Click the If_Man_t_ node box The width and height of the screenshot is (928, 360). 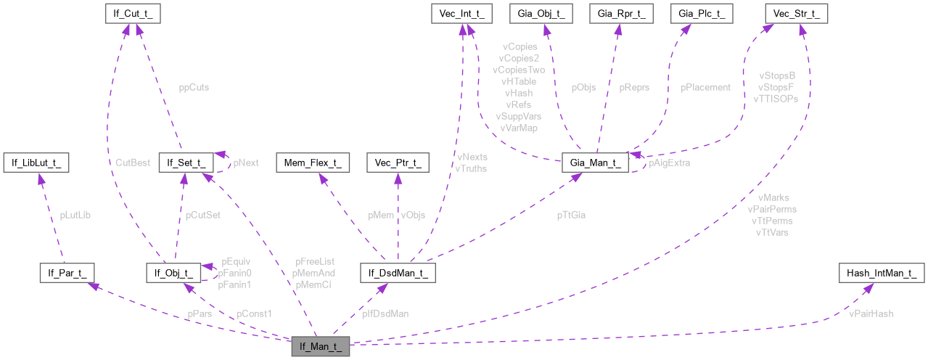pyautogui.click(x=321, y=347)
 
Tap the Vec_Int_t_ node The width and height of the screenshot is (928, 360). pyautogui.click(x=461, y=13)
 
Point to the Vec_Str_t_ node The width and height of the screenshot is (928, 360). pyautogui.click(x=797, y=13)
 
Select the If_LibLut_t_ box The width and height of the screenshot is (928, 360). pyautogui.click(x=36, y=163)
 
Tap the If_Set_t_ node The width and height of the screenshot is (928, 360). pyautogui.click(x=186, y=163)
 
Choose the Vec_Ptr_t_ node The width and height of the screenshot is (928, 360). pyautogui.click(x=398, y=163)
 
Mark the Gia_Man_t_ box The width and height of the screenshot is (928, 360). pyautogui.click(x=595, y=163)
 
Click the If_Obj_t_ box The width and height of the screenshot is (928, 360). pyautogui.click(x=173, y=273)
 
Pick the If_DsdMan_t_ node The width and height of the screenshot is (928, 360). pyautogui.click(x=398, y=273)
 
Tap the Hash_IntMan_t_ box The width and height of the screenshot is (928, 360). pyautogui.click(x=882, y=273)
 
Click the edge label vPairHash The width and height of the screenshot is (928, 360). pyautogui.click(x=871, y=314)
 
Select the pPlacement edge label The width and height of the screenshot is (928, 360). pyautogui.click(x=705, y=87)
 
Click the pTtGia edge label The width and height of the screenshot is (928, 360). pyautogui.click(x=572, y=215)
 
